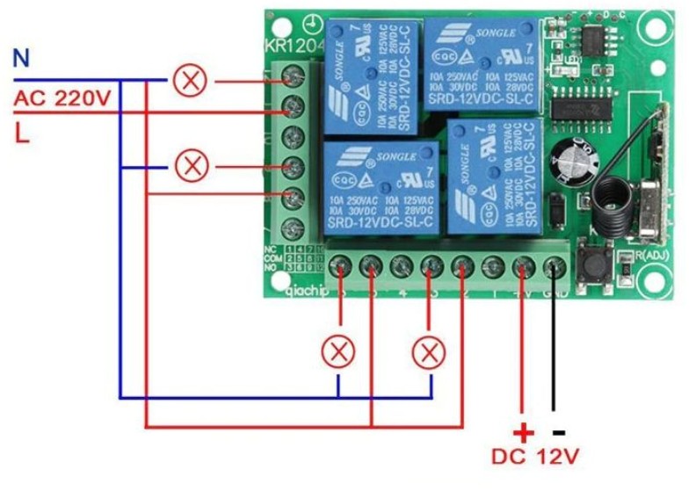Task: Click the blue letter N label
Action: pyautogui.click(x=21, y=60)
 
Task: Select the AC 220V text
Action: pyautogui.click(x=62, y=97)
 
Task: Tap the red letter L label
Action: pyautogui.click(x=20, y=133)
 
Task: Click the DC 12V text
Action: pyautogui.click(x=535, y=458)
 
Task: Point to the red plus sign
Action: pyautogui.click(x=523, y=432)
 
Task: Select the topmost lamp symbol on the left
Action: pyautogui.click(x=189, y=82)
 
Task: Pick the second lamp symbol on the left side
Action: pyautogui.click(x=189, y=166)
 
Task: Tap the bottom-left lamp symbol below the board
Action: pyautogui.click(x=337, y=353)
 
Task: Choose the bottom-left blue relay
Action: pyautogui.click(x=382, y=188)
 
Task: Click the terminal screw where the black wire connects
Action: pyautogui.click(x=555, y=265)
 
